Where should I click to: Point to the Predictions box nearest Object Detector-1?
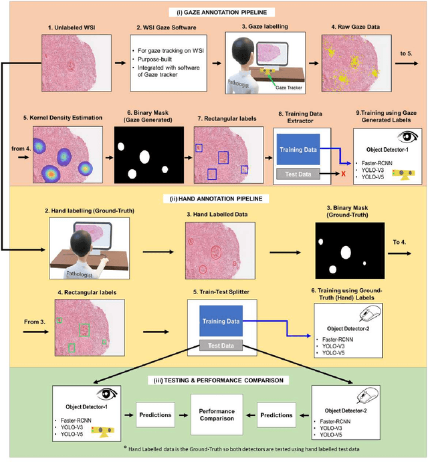click(156, 414)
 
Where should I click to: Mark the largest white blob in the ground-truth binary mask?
click(346, 253)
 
